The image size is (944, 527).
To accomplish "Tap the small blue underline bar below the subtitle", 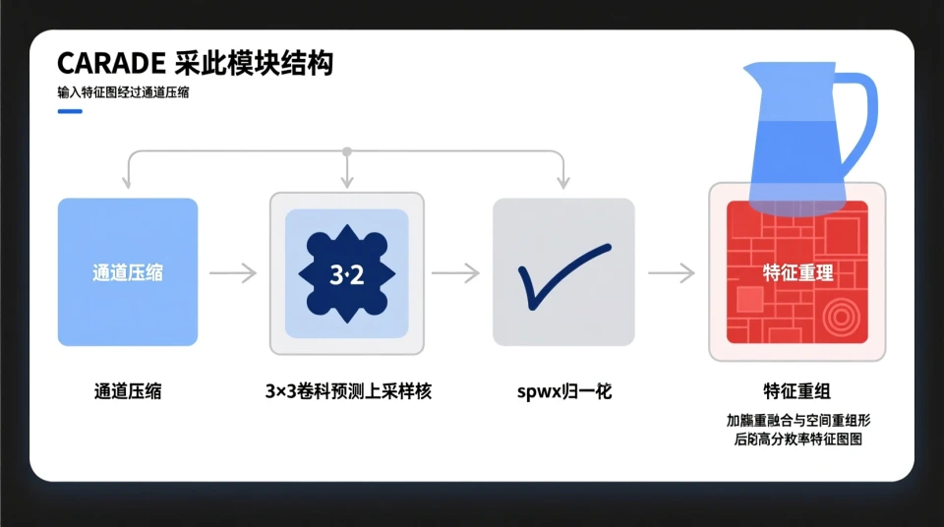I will coord(70,111).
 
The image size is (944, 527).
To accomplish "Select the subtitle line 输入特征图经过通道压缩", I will coord(123,93).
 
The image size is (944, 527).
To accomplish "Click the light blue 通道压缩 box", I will coord(128,272).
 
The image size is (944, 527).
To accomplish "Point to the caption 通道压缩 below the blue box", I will coord(128,391).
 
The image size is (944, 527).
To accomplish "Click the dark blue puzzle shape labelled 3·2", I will coord(347,273).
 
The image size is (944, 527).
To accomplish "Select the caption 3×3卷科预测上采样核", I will coord(348,391).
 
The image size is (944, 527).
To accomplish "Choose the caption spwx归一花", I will coord(564,391).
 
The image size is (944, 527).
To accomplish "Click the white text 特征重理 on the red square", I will coord(797,272).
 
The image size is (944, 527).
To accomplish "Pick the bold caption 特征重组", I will coord(797,389).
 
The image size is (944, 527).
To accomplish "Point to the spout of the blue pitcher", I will coord(752,74).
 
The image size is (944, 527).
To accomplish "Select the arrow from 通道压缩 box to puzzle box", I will coord(233,273).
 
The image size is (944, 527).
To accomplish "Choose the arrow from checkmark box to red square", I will coord(672,273).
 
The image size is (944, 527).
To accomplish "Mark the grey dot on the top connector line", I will coord(346,151).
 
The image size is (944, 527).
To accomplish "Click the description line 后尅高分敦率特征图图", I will coord(797,439).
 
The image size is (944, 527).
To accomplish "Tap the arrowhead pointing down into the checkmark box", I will coord(563,183).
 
